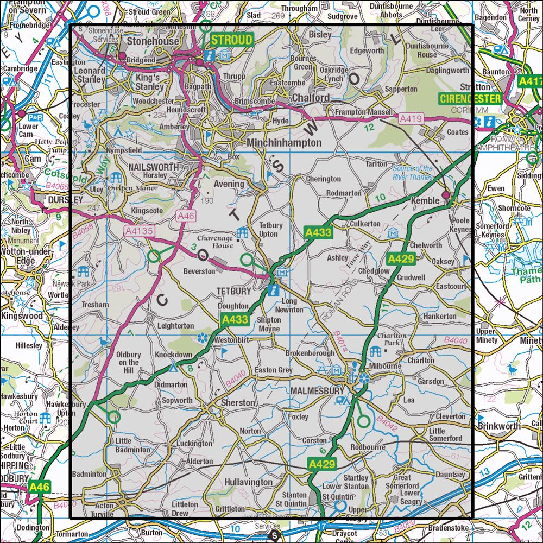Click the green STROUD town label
[231, 40]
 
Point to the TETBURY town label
[233, 291]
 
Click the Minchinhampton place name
[284, 142]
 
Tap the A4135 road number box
[138, 231]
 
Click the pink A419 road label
[409, 117]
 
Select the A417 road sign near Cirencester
[530, 81]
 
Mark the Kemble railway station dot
[446, 195]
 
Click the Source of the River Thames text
[413, 173]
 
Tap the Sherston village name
[238, 403]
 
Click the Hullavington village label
[248, 482]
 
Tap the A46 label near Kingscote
[185, 216]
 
